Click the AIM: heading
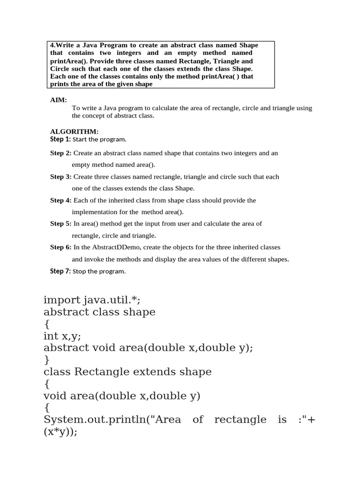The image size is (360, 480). pyautogui.click(x=59, y=100)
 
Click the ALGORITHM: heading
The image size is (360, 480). pyautogui.click(x=74, y=132)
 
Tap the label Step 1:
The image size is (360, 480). pyautogui.click(x=60, y=139)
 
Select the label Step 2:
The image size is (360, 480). pyautogui.click(x=61, y=153)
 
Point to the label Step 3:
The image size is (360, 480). pyautogui.click(x=61, y=177)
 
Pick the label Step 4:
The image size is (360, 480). pyautogui.click(x=61, y=200)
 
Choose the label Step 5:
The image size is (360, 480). pyautogui.click(x=61, y=224)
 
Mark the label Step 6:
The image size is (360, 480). pyautogui.click(x=61, y=247)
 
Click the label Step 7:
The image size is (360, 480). pyautogui.click(x=60, y=271)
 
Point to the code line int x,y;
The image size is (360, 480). pyautogui.click(x=65, y=336)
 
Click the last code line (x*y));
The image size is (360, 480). pyautogui.click(x=60, y=432)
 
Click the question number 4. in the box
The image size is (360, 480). pyautogui.click(x=53, y=45)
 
